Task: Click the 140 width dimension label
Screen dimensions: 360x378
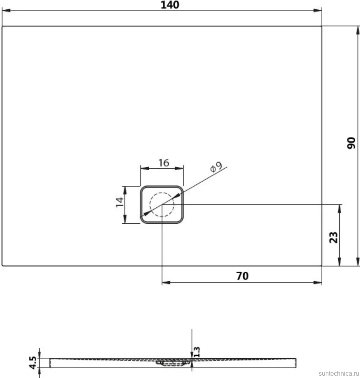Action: click(x=170, y=5)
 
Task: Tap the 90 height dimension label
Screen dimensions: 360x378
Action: click(x=351, y=143)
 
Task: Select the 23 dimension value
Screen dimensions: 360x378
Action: click(x=334, y=237)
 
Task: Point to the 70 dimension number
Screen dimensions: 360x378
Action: click(x=242, y=276)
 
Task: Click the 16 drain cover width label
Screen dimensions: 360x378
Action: click(x=164, y=163)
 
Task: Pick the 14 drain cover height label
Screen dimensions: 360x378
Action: click(x=120, y=202)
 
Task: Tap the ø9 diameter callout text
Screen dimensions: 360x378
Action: click(x=216, y=166)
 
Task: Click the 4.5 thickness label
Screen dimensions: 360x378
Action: click(x=33, y=362)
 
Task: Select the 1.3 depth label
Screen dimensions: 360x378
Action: click(x=197, y=352)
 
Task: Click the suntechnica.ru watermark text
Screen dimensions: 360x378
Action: click(x=339, y=373)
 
